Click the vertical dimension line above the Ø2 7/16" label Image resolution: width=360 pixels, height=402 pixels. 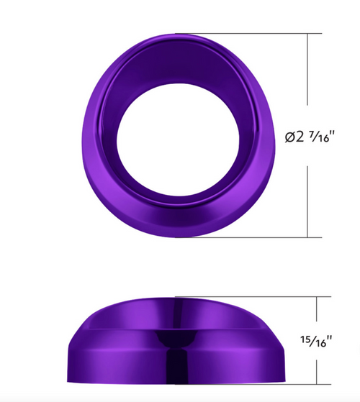[310, 72]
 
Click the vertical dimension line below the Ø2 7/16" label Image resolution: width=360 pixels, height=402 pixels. [310, 201]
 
